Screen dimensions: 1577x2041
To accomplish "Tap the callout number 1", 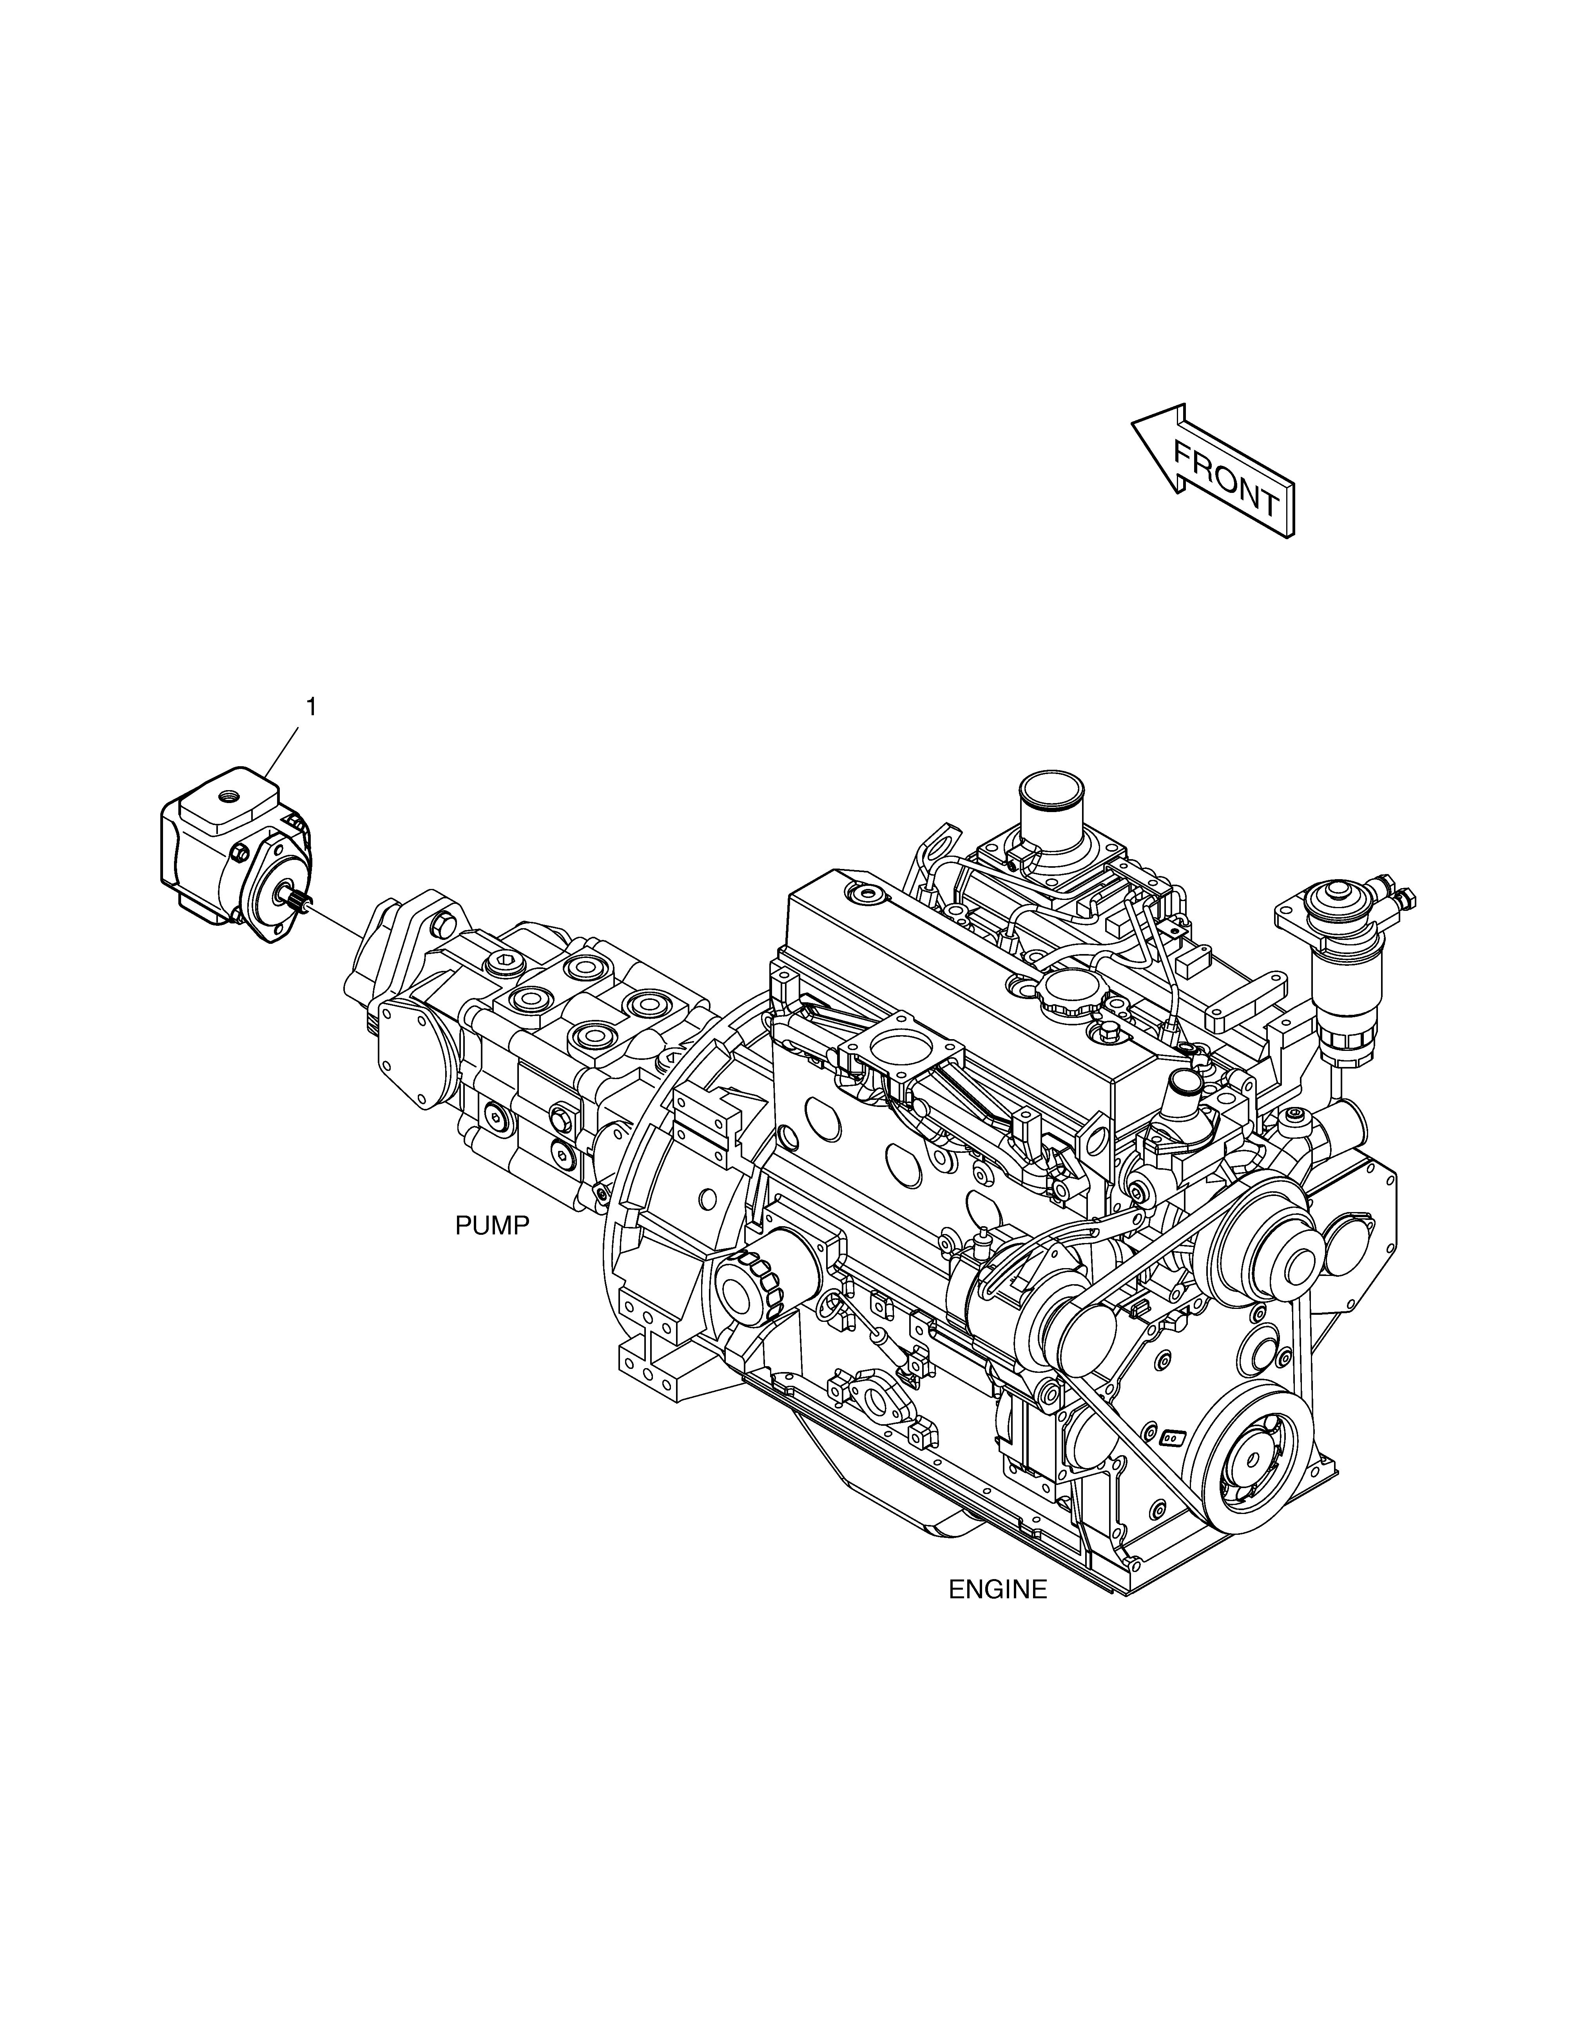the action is click(x=311, y=707).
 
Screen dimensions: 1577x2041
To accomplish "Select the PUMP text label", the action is click(x=492, y=1225).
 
